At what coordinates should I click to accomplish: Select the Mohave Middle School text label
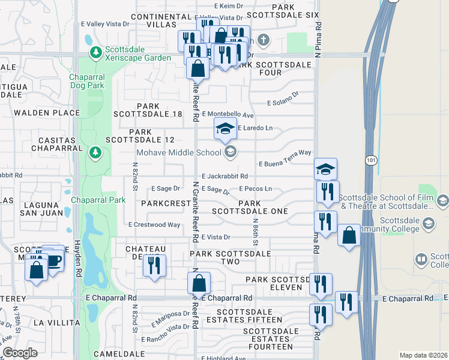(179, 152)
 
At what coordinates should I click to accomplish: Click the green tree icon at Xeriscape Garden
(95, 53)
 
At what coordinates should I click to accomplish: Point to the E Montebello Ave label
(228, 115)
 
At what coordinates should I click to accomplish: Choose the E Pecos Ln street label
(256, 188)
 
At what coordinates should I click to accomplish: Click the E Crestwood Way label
(154, 224)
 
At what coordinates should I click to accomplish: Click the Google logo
(20, 353)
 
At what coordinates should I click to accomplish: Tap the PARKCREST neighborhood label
(166, 203)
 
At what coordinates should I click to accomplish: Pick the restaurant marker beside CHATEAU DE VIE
(154, 265)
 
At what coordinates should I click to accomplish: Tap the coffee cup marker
(52, 260)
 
